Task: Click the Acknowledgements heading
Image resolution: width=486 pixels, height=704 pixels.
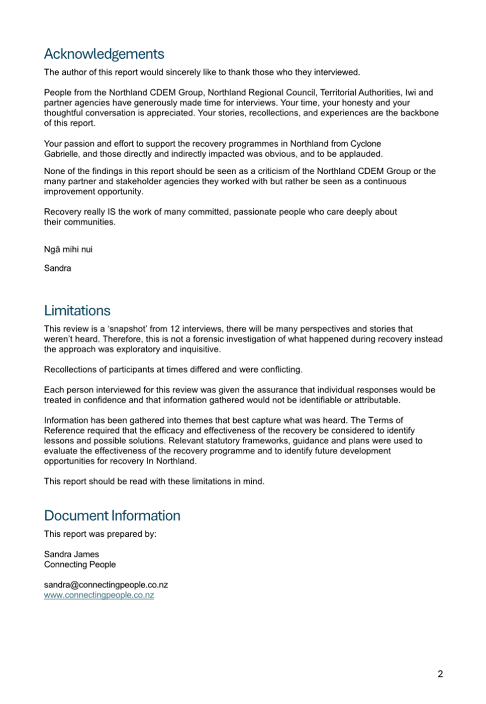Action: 104,54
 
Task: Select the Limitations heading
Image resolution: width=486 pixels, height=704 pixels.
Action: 77,311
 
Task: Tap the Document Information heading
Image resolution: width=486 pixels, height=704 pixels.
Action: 112,516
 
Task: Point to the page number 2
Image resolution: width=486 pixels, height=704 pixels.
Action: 440,674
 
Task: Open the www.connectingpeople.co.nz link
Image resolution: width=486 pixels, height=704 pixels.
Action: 99,595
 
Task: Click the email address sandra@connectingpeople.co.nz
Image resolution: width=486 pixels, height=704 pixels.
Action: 106,585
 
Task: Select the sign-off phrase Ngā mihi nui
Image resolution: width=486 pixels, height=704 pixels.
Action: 68,250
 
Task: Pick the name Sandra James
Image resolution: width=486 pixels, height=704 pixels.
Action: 71,554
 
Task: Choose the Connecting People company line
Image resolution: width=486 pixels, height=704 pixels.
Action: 80,564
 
